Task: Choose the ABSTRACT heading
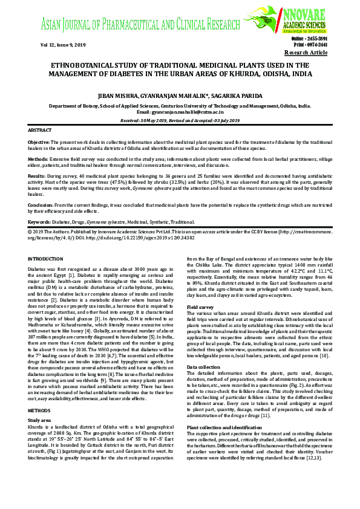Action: coord(40,130)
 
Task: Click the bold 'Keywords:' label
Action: coord(39,222)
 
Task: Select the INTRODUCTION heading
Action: coord(45,259)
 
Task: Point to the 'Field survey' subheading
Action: coord(200,306)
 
